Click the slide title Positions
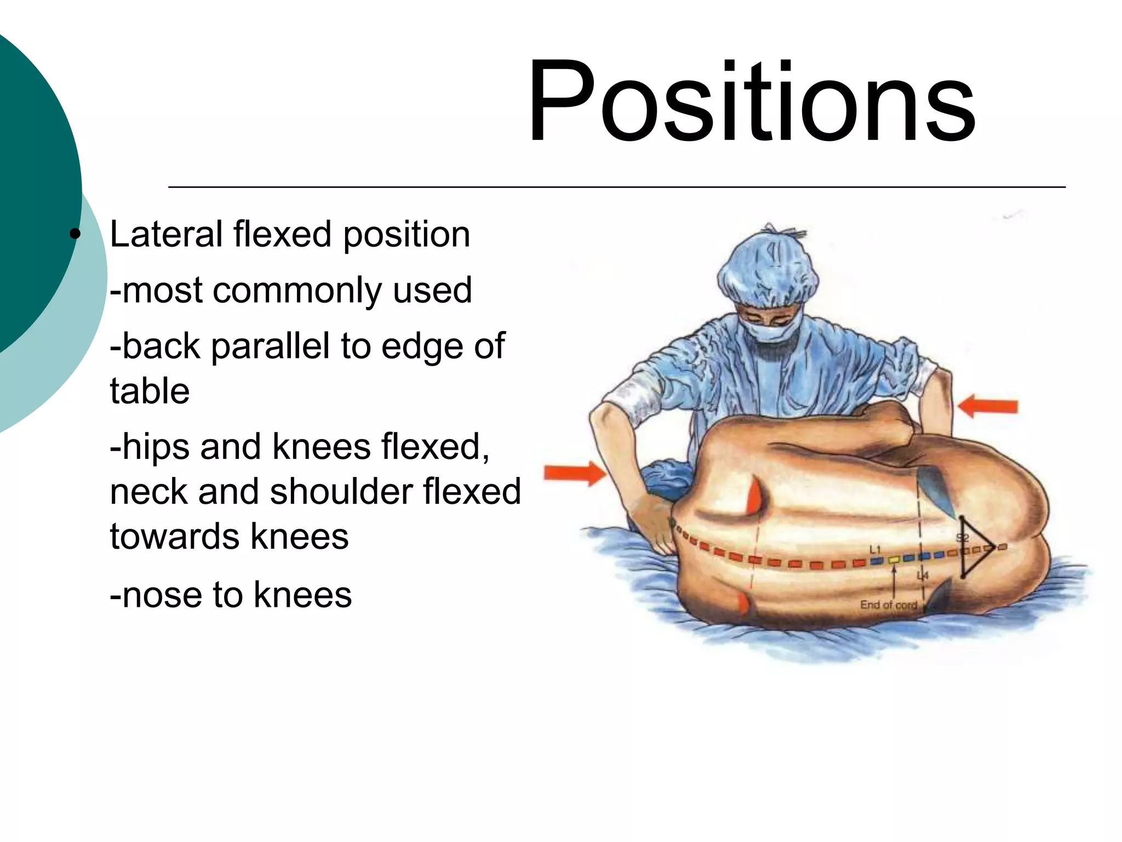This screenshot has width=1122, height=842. tap(751, 102)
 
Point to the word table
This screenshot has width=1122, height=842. tap(150, 391)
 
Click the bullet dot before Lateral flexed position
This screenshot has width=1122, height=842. tap(75, 235)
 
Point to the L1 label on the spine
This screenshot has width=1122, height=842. tap(874, 549)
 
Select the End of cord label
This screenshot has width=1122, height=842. tap(888, 605)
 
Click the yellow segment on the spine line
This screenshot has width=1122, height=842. tap(894, 560)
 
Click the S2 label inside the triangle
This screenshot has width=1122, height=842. tap(963, 538)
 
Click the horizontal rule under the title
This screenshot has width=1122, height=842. tap(616, 187)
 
